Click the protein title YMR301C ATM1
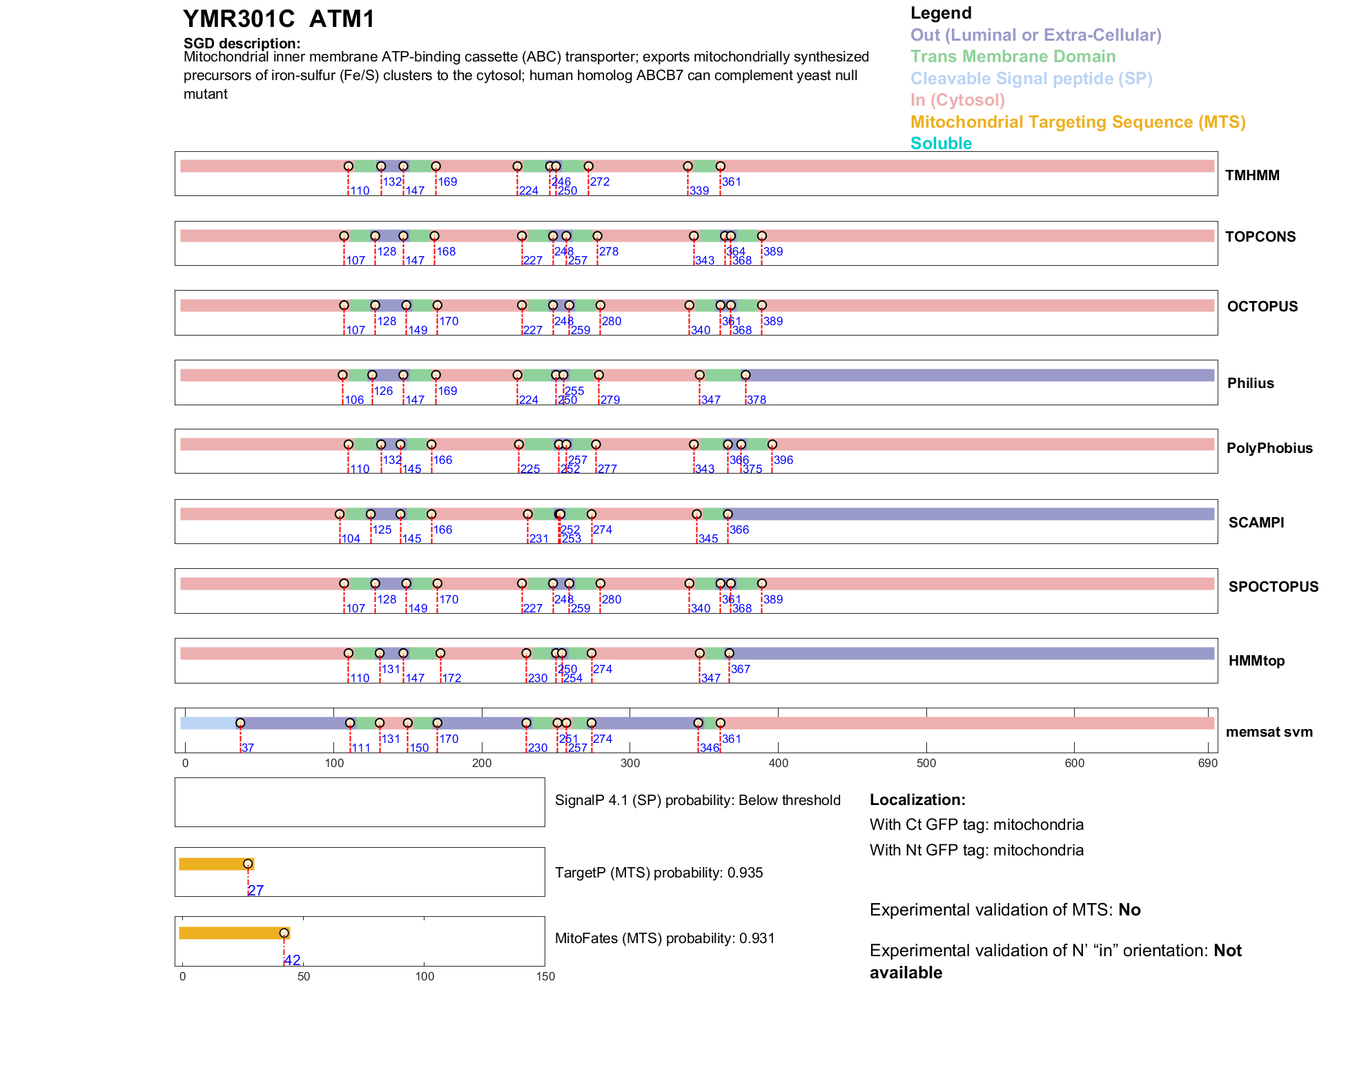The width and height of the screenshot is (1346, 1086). pos(278,19)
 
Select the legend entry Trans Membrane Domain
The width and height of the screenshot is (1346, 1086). pos(1013,57)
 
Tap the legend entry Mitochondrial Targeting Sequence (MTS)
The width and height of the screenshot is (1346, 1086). pos(1077,122)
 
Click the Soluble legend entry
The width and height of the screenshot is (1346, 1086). pos(941,144)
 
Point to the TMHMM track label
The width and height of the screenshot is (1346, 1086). pos(1252,175)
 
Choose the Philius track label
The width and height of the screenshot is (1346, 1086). pos(1250,383)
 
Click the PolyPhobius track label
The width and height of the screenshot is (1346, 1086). pos(1269,448)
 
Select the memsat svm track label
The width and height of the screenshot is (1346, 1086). pos(1269,732)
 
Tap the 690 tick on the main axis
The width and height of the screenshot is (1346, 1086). pos(1208,763)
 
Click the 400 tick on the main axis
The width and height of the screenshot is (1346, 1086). pos(778,763)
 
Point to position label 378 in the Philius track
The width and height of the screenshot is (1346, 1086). pos(757,400)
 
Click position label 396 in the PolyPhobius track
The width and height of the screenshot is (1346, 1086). pos(783,460)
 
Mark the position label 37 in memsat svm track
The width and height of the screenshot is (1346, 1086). pos(248,748)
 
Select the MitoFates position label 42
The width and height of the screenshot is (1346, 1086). pos(293,960)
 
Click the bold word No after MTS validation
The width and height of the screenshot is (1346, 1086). pos(1129,910)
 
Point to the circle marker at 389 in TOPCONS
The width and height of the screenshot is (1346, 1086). pos(762,236)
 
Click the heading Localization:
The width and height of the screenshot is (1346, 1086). pos(917,800)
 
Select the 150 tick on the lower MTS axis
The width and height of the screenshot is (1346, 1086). pos(545,976)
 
